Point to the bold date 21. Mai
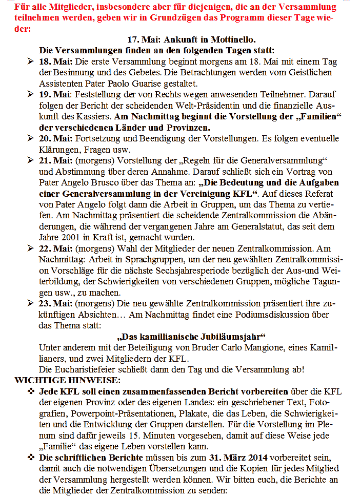click(56, 161)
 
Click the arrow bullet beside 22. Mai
click(30, 248)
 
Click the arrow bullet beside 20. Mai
click(30, 138)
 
